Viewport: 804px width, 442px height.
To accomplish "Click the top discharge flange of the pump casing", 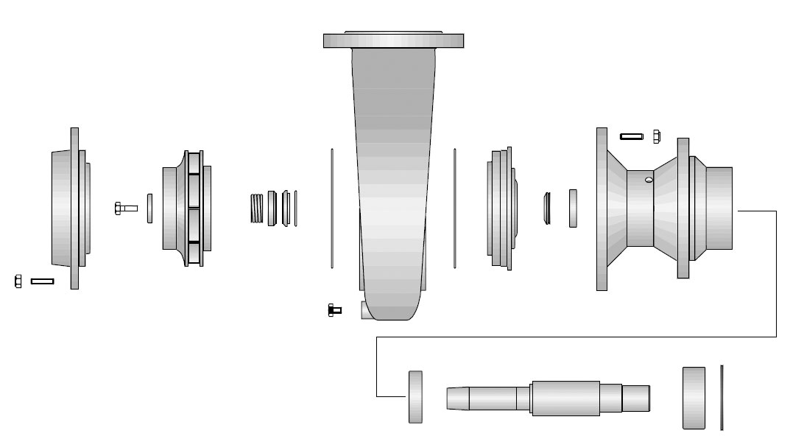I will click(x=393, y=40).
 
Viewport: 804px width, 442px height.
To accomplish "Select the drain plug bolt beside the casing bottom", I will click(x=334, y=310).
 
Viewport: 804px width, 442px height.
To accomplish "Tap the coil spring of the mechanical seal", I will click(x=257, y=208).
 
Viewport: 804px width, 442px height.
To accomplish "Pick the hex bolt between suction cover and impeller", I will click(x=126, y=208).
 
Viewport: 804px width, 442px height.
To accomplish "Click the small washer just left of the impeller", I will click(x=149, y=208).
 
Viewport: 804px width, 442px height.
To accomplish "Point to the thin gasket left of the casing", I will click(x=332, y=208).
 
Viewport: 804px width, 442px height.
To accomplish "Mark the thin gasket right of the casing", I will click(x=455, y=208).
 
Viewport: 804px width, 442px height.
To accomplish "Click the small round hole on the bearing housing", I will click(x=648, y=179).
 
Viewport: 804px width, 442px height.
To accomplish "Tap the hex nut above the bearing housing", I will click(x=656, y=136).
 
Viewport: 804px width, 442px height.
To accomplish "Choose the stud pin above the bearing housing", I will click(x=632, y=136).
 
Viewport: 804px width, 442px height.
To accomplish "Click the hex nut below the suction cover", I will click(x=18, y=281).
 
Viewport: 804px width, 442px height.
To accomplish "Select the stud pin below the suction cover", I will click(x=42, y=281).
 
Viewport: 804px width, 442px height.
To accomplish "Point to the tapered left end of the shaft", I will click(x=456, y=398).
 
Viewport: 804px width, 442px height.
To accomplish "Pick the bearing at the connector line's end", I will click(x=415, y=397).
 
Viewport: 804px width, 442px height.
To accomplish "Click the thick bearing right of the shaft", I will click(x=694, y=397).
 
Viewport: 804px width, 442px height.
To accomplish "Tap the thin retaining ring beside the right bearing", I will click(x=722, y=397).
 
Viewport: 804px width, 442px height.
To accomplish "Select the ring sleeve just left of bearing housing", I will click(x=573, y=208).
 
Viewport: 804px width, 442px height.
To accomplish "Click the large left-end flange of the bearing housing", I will click(x=602, y=208).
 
